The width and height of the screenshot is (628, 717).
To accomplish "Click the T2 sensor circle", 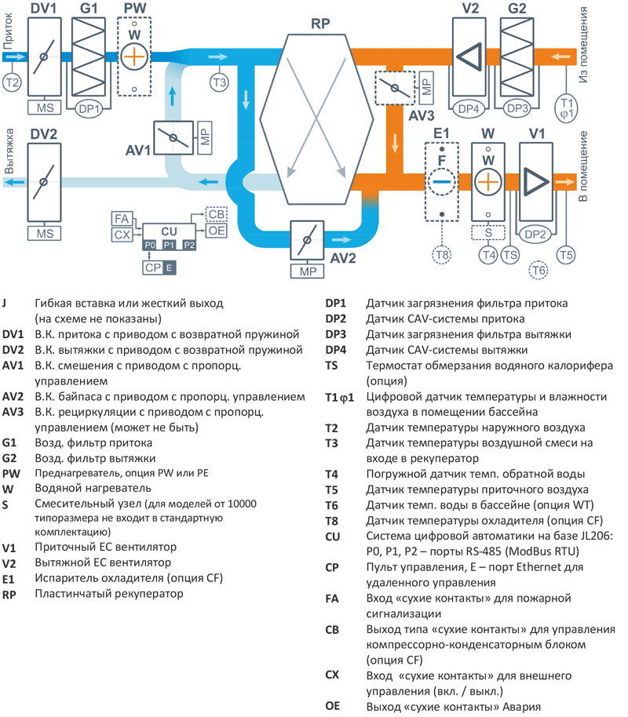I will pyautogui.click(x=12, y=82).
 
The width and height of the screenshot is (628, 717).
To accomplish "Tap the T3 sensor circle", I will pyautogui.click(x=219, y=82).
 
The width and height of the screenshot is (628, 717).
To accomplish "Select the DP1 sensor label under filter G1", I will pyautogui.click(x=89, y=110).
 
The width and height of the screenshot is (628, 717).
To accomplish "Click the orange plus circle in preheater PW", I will pyautogui.click(x=135, y=56).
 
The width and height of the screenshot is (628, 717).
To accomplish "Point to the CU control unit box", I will pyautogui.click(x=168, y=231).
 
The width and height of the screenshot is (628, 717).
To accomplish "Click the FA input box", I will pyautogui.click(x=122, y=217).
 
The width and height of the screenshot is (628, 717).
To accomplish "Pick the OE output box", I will pyautogui.click(x=217, y=230).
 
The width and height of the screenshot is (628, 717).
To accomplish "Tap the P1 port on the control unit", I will pyautogui.click(x=169, y=246).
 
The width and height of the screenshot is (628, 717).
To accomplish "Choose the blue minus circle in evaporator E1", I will pyautogui.click(x=442, y=181).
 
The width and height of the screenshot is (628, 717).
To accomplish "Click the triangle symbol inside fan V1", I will pyautogui.click(x=536, y=180).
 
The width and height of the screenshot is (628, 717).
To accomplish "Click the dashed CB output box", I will pyautogui.click(x=217, y=214).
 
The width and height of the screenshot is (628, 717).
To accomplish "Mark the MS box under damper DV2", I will pyautogui.click(x=43, y=233).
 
